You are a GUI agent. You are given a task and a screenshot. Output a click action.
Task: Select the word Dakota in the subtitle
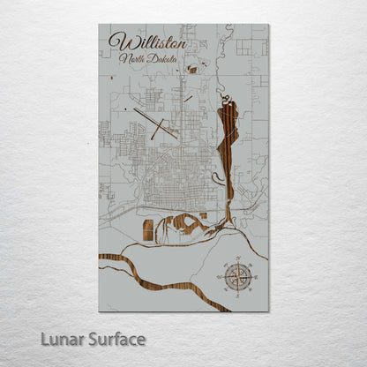pos(163,60)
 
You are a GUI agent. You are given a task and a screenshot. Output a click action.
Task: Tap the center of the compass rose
pos(237,278)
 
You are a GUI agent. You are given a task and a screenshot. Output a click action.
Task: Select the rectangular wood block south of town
pos(147,230)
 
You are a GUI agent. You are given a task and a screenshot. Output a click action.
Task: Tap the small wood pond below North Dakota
pos(191,70)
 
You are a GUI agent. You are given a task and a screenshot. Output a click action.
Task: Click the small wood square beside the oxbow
pos(202,215)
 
